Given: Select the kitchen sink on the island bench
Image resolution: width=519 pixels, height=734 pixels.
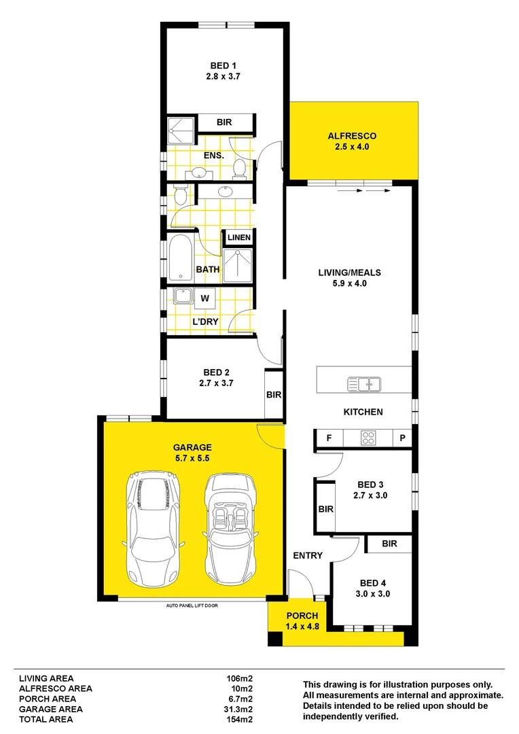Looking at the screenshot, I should [364, 384].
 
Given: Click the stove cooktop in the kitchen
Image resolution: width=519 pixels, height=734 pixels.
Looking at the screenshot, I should [368, 438].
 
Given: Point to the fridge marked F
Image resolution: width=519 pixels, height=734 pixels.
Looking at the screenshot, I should [329, 438].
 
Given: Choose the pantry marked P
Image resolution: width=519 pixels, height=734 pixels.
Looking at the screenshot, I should [402, 438].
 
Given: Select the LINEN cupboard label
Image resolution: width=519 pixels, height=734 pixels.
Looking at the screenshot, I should [239, 238].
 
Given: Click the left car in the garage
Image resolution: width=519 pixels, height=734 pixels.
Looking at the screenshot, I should [154, 531].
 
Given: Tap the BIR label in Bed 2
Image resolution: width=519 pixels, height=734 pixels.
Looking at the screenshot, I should [274, 394].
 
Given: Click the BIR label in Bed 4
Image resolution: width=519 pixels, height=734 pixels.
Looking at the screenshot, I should [389, 544].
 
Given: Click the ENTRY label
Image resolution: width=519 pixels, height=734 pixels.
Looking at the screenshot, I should [308, 556].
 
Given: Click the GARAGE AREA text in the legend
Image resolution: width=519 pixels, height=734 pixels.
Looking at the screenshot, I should [51, 709].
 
